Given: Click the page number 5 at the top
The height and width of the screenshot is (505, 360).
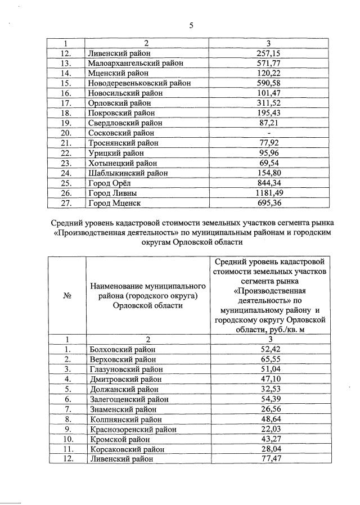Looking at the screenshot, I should [191, 25].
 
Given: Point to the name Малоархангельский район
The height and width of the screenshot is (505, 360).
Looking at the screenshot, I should [136, 63].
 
